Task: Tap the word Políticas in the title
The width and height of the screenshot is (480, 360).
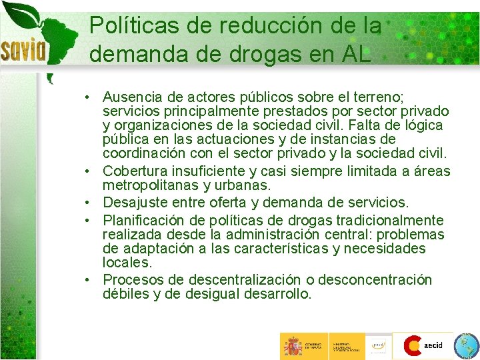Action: [x=124, y=26]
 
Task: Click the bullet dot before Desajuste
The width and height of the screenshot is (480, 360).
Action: [x=88, y=203]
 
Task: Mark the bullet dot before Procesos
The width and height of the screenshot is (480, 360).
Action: [x=88, y=280]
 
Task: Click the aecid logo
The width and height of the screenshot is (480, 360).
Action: [x=423, y=345]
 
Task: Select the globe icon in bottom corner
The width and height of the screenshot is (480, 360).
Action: [x=465, y=346]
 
